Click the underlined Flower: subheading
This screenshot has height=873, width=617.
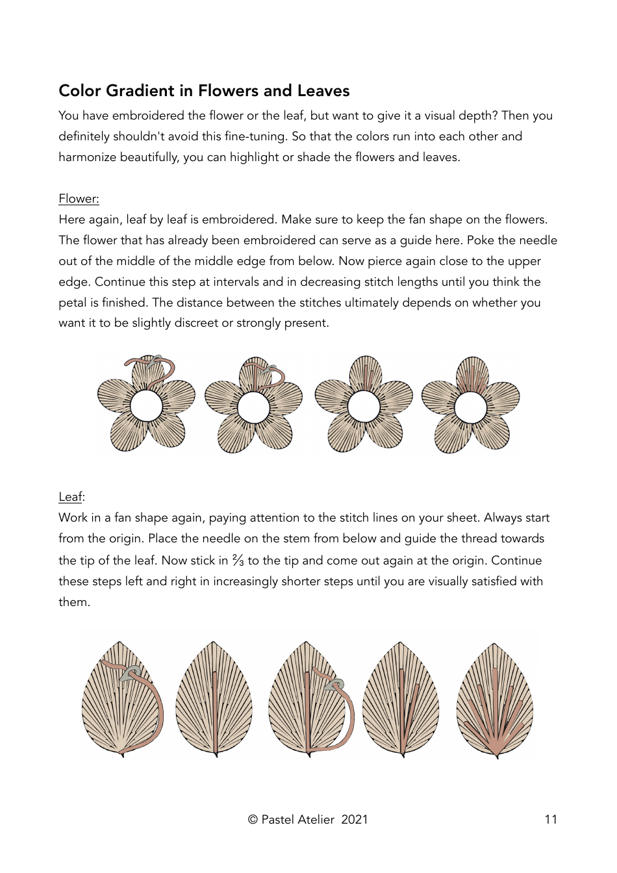click(79, 199)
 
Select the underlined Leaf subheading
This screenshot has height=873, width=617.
click(70, 497)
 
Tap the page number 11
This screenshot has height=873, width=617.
click(551, 820)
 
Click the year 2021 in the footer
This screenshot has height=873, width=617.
click(355, 820)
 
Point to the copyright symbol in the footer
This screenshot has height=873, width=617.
click(253, 820)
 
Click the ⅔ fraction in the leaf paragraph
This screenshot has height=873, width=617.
click(238, 561)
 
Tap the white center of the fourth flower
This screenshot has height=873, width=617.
click(470, 407)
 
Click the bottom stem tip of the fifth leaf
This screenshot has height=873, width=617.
click(497, 756)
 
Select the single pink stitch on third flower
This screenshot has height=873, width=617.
click(365, 377)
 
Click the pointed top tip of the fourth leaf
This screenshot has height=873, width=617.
click(401, 644)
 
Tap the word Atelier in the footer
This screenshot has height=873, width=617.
click(316, 820)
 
